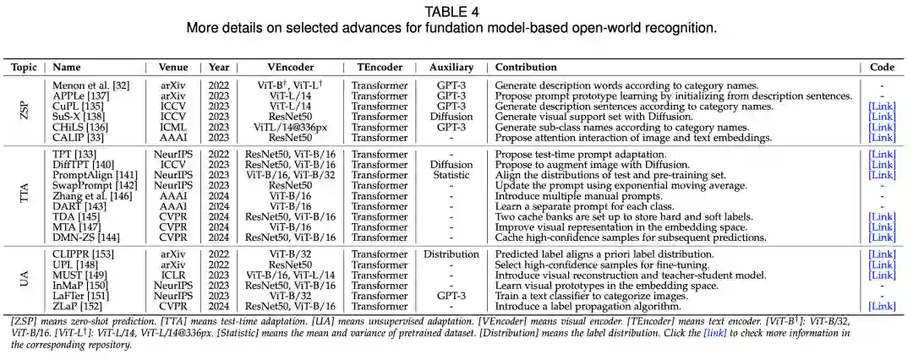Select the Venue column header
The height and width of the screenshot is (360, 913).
(x=173, y=67)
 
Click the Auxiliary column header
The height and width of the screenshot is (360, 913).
(x=451, y=67)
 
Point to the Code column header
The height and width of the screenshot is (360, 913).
(x=882, y=67)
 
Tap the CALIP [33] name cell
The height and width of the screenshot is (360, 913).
(x=77, y=137)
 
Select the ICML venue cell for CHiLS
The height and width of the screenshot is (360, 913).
(x=173, y=127)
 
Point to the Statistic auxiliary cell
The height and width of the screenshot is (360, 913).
(x=451, y=175)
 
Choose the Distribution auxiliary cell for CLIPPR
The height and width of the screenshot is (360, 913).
(x=451, y=254)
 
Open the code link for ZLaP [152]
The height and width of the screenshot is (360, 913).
(x=882, y=306)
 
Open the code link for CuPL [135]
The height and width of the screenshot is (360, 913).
(x=882, y=106)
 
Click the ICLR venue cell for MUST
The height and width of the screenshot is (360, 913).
(x=173, y=275)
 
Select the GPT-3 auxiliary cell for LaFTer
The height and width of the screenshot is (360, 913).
(x=451, y=296)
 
